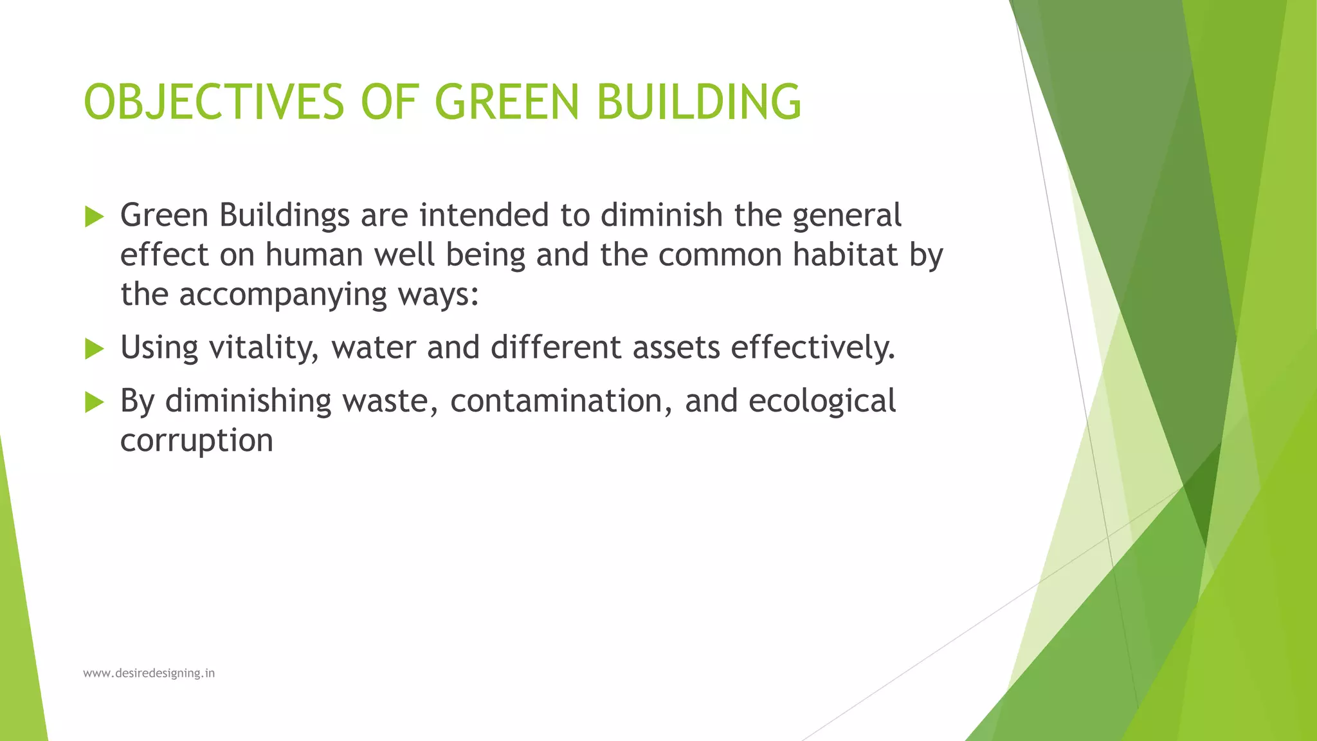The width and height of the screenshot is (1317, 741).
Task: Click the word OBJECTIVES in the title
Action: tap(214, 102)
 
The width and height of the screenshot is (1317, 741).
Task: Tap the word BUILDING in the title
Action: tap(698, 102)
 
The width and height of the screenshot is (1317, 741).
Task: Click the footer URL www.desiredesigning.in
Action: tap(149, 673)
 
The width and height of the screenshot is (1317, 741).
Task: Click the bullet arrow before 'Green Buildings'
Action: tap(94, 217)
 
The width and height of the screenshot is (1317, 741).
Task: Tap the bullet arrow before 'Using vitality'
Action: tap(94, 349)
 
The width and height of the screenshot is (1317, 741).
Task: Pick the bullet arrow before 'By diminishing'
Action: tap(94, 403)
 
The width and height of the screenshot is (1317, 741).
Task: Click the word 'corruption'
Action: tap(197, 441)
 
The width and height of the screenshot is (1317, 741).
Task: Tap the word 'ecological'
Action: tap(822, 402)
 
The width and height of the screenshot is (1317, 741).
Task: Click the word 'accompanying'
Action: tap(283, 296)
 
